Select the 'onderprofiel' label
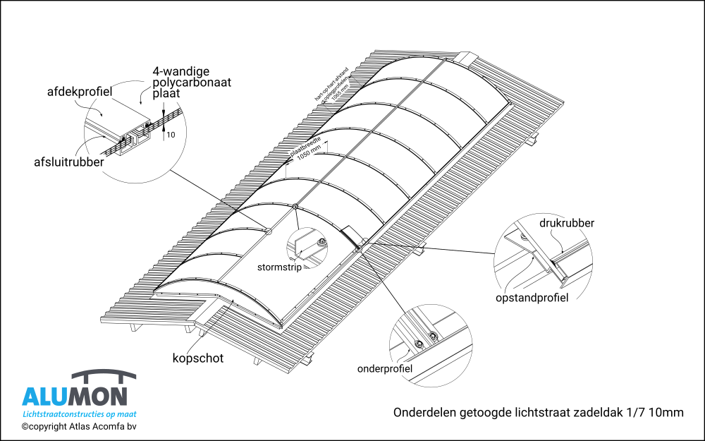[x=385, y=368]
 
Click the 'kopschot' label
[x=198, y=358]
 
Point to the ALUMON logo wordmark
[x=75, y=397]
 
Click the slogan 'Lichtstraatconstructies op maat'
[x=80, y=414]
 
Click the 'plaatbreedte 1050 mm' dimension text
[x=307, y=150]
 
